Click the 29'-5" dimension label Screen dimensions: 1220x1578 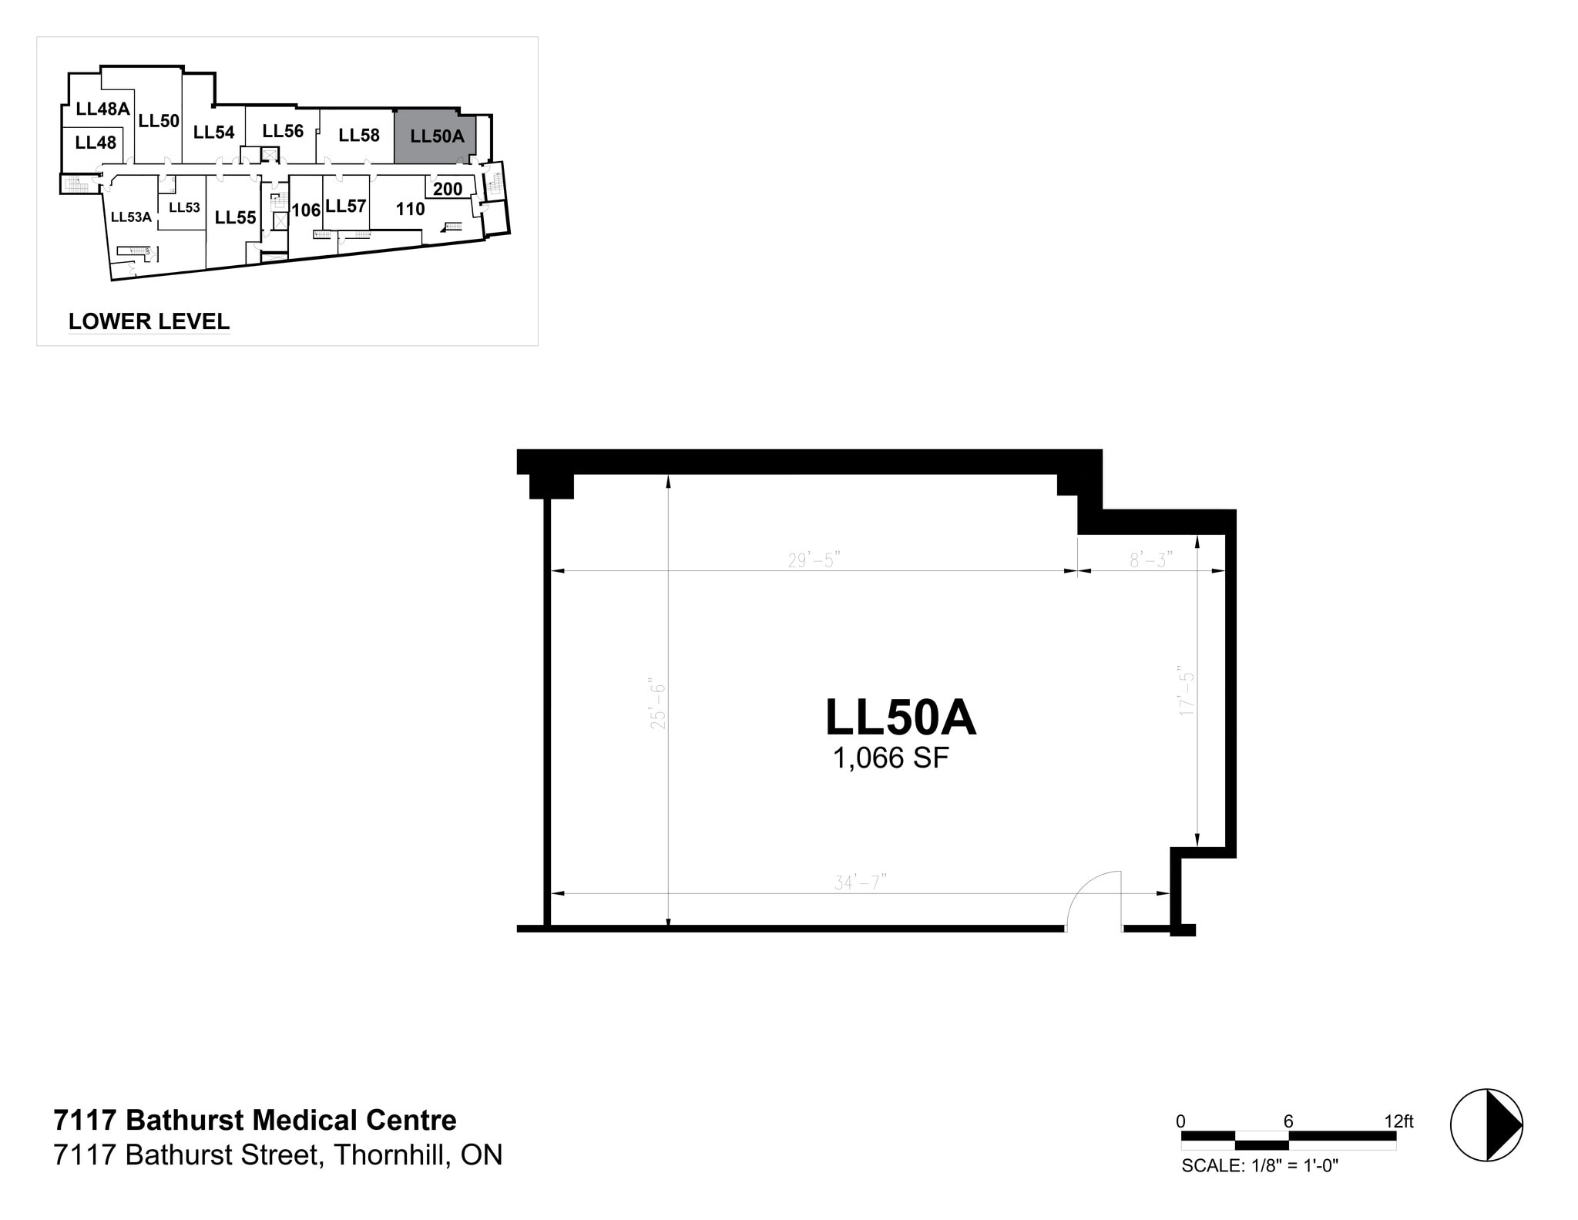click(x=813, y=560)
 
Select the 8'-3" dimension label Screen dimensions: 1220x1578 click(x=1151, y=560)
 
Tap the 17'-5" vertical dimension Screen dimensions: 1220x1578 click(x=1187, y=691)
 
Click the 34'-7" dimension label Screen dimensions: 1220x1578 click(x=860, y=882)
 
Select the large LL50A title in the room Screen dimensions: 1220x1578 click(x=900, y=718)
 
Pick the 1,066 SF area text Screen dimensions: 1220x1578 click(x=891, y=758)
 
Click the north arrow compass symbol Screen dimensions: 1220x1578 click(x=1486, y=1124)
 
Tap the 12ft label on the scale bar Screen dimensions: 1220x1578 click(x=1398, y=1121)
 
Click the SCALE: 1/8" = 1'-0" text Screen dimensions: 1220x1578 click(x=1260, y=1166)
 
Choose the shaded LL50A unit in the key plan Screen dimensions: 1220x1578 click(x=436, y=137)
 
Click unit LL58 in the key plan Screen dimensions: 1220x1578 click(x=359, y=136)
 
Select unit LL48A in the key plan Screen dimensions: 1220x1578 click(x=102, y=109)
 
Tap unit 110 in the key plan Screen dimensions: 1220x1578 click(x=410, y=209)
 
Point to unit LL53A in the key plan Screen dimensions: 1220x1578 click(x=131, y=217)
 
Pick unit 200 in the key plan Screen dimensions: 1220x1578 click(x=448, y=189)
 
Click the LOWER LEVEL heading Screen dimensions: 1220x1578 click(x=149, y=321)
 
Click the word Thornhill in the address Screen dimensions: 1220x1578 click(x=391, y=1155)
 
